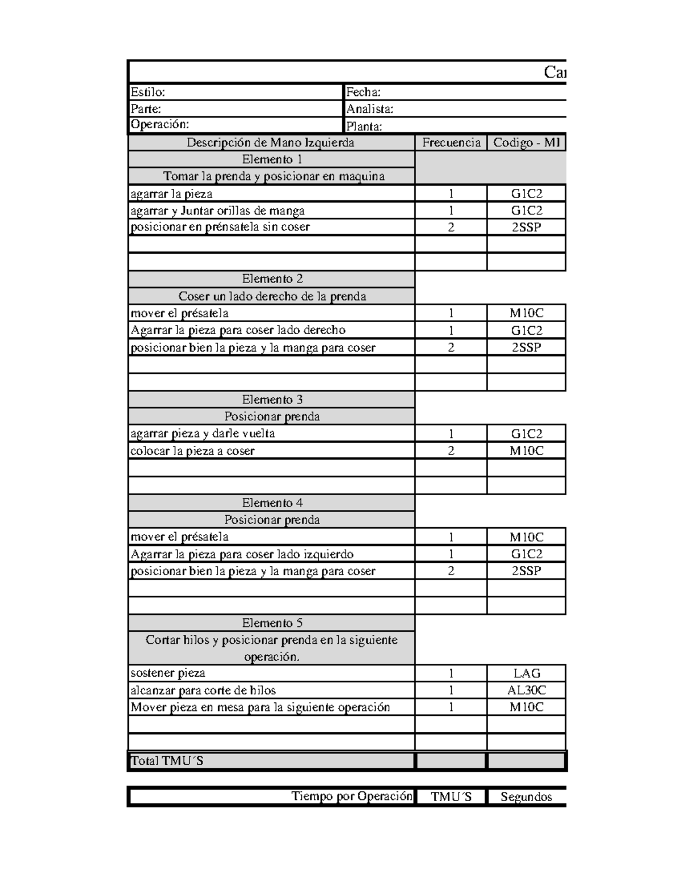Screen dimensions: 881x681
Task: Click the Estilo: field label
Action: click(x=148, y=92)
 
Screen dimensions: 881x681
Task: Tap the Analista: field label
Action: click(x=369, y=109)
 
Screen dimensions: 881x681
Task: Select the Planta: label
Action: click(x=364, y=126)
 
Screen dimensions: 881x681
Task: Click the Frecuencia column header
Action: click(x=451, y=142)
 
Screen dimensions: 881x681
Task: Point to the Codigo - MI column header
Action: click(x=527, y=142)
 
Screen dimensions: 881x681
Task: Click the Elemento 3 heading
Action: click(x=272, y=399)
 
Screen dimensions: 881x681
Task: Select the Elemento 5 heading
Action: click(x=272, y=623)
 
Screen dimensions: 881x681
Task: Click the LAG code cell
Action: click(x=527, y=673)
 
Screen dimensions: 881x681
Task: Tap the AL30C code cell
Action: click(x=527, y=690)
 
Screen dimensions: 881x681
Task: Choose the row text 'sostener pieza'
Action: click(x=168, y=673)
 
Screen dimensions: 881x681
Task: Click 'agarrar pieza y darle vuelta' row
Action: click(x=203, y=433)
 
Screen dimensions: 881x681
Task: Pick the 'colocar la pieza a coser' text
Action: click(x=192, y=451)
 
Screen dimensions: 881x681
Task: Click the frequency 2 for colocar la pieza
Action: click(x=451, y=451)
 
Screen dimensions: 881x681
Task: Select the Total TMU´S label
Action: click(x=167, y=761)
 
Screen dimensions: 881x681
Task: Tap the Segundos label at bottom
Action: click(x=526, y=797)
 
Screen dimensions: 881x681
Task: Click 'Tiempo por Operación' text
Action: click(x=352, y=796)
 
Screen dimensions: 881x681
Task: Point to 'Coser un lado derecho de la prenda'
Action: click(x=272, y=296)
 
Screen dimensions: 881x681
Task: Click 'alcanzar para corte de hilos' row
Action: click(x=203, y=690)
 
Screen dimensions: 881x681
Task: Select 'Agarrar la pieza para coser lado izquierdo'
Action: click(x=242, y=554)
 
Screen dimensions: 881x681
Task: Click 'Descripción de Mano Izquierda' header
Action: click(x=271, y=142)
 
